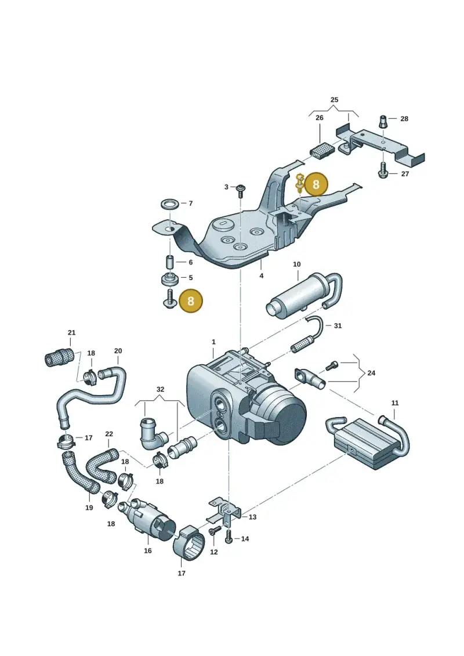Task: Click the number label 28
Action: pos(404,119)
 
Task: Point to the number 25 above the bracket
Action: pos(334,100)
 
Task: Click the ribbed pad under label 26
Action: pos(322,150)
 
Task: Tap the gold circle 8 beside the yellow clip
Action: pos(316,184)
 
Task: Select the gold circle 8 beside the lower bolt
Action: pos(190,300)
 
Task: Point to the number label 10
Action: pos(296,264)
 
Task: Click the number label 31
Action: pos(338,325)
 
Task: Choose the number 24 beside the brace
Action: pos(371,373)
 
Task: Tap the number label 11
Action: pos(395,403)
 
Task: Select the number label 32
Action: pos(160,389)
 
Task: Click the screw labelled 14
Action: pos(229,536)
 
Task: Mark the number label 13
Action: pos(252,517)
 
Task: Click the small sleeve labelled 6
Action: pos(171,262)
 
